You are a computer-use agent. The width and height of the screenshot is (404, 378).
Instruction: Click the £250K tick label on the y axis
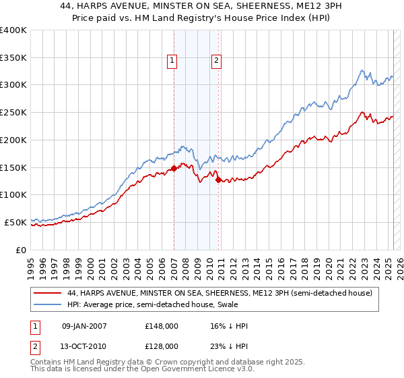[x=13, y=113]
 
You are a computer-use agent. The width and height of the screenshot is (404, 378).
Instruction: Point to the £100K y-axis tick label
[x=13, y=194]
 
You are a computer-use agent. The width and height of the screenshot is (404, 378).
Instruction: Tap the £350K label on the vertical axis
[x=13, y=58]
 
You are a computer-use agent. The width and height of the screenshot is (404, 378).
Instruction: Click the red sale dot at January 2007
[x=174, y=169]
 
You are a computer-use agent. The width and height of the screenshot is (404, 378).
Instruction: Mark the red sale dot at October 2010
[x=218, y=180]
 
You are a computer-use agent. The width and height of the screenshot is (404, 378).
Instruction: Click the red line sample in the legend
[x=46, y=293]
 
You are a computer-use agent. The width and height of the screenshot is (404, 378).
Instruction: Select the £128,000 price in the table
[x=161, y=346]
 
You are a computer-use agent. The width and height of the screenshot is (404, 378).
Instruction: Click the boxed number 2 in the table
[x=36, y=346]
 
